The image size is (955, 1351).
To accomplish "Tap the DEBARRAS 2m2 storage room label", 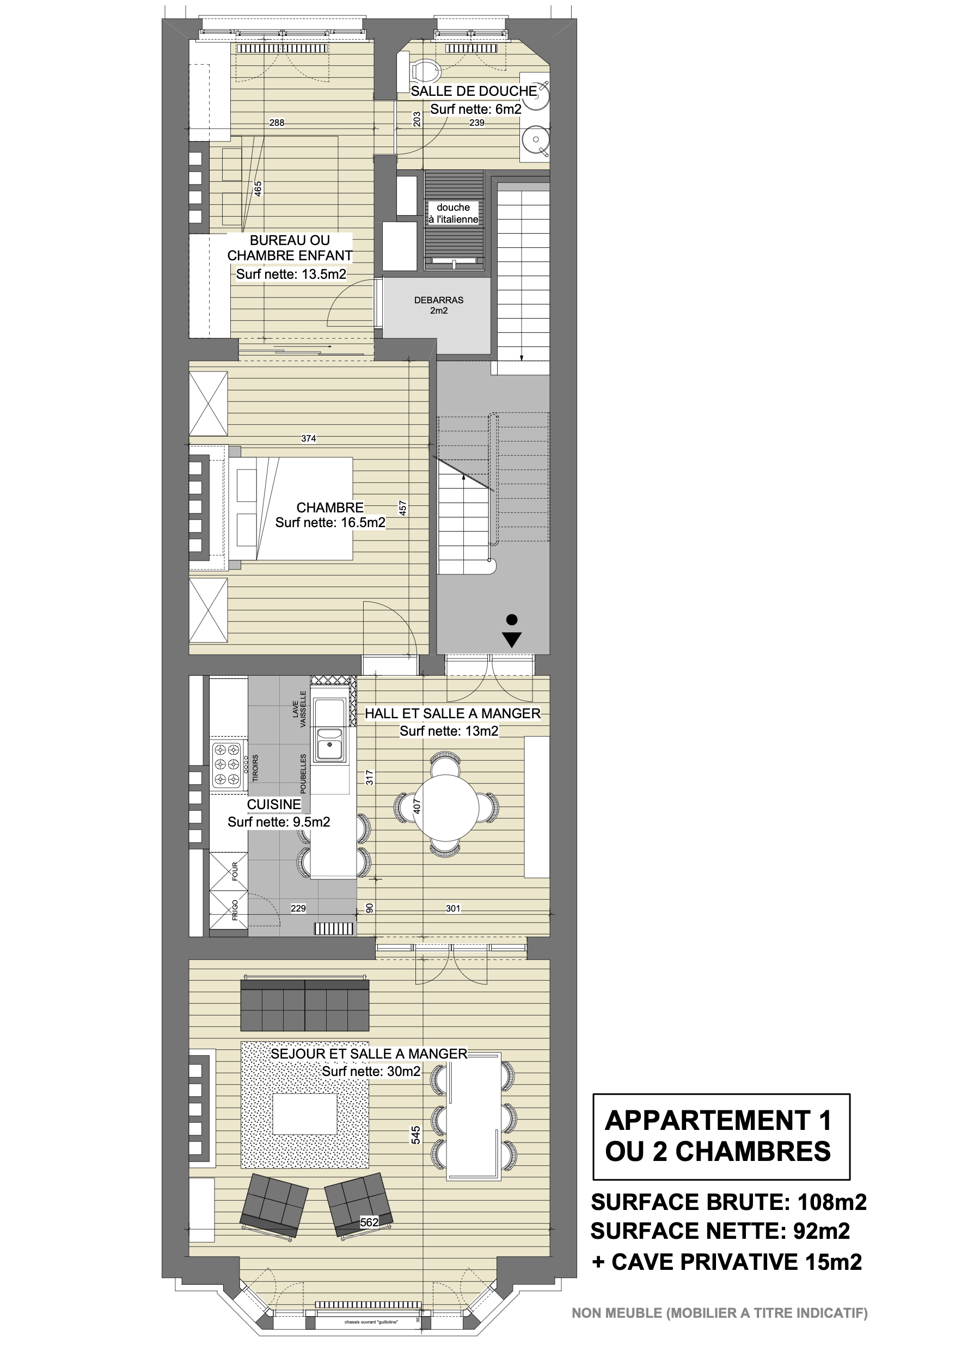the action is point(439,305).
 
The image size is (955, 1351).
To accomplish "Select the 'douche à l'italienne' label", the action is point(453,213).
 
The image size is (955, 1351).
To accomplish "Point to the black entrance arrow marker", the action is point(512,631).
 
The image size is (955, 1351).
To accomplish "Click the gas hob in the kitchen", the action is point(228,765).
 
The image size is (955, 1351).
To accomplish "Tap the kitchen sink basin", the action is point(329,745).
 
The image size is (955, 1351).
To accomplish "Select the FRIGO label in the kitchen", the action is point(235,910).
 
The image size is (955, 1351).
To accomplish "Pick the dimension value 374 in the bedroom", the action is point(308,438).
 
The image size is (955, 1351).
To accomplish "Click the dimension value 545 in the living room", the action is point(416,1135).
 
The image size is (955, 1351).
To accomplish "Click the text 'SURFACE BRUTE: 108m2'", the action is point(729,1202).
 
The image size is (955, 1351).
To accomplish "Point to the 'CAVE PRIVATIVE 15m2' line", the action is point(737,1262).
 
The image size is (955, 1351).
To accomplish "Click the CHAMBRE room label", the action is point(329,507).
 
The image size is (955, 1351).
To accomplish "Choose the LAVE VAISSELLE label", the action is point(299,709).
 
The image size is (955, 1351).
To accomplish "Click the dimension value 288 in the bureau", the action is point(277,123).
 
